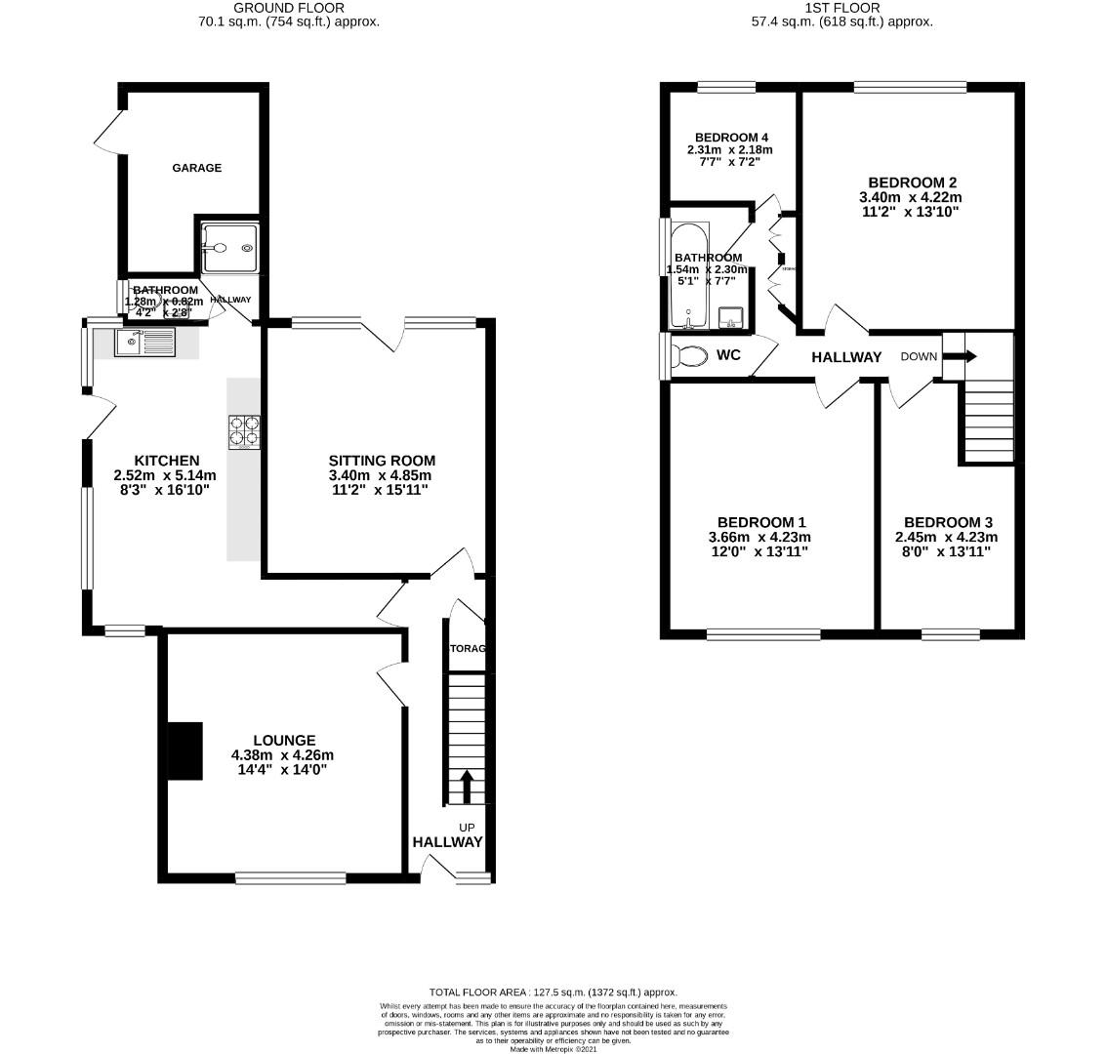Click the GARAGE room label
click(x=197, y=168)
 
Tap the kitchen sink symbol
click(x=144, y=343)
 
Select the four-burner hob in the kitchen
click(x=244, y=431)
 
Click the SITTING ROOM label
click(x=382, y=461)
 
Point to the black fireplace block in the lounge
click(x=184, y=750)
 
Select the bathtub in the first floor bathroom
click(x=689, y=276)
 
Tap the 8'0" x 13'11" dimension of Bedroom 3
click(x=948, y=551)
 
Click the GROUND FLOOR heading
click(x=288, y=8)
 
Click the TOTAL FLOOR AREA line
click(x=553, y=992)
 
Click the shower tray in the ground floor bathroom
click(x=230, y=247)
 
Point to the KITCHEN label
click(x=166, y=461)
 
